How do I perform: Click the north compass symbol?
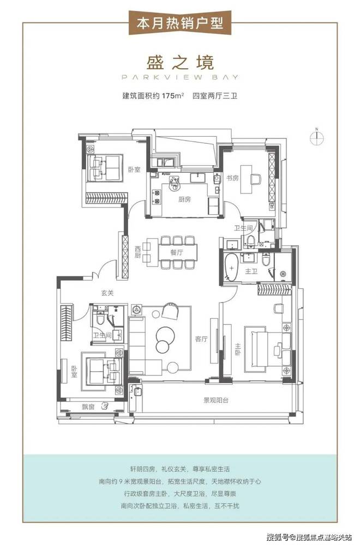click(x=317, y=137)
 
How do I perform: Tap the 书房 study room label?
click(x=233, y=178)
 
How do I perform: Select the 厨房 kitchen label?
click(x=184, y=199)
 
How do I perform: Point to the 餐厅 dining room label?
click(x=177, y=253)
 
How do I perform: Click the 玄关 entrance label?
click(x=107, y=293)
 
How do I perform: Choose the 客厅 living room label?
click(x=201, y=339)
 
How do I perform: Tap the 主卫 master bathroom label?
click(x=251, y=271)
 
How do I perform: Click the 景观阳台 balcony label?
click(x=216, y=400)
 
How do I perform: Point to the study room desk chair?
click(x=256, y=179)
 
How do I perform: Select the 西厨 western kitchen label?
click(x=138, y=252)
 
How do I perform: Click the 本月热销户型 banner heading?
click(x=180, y=23)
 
